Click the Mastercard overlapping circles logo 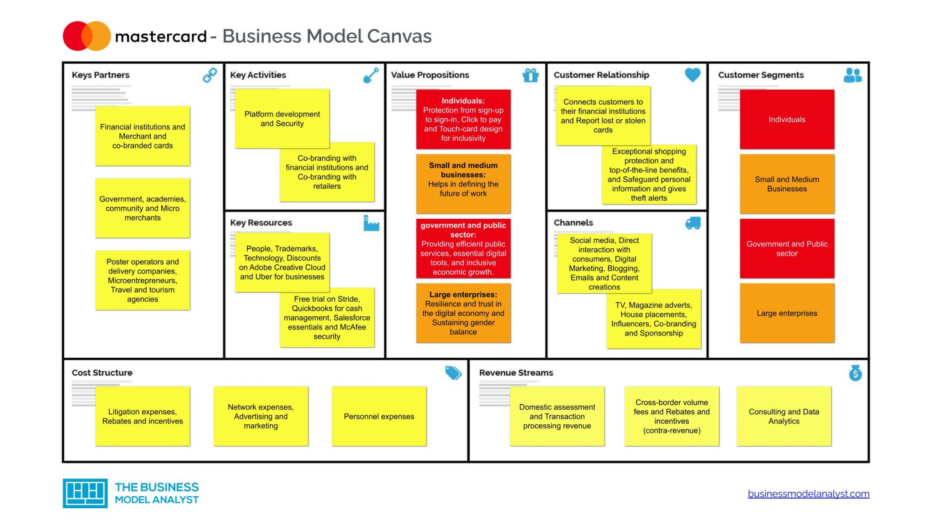point(87,36)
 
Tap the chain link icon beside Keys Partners point(210,75)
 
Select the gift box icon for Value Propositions point(530,75)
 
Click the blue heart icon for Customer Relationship point(692,75)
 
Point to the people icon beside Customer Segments point(852,75)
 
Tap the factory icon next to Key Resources point(371,223)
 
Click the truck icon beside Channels point(693,223)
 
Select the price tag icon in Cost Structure point(453,373)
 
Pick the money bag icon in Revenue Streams point(855,373)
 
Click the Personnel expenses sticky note point(379,417)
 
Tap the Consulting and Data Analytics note point(784,417)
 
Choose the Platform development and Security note point(282,119)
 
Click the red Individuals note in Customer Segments point(787,119)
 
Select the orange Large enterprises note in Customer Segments point(787,314)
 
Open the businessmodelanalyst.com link point(808,494)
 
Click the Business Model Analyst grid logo point(85,493)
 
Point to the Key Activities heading point(258,75)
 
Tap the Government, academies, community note point(143,208)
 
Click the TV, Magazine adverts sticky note point(653,319)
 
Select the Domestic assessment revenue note point(557,417)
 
